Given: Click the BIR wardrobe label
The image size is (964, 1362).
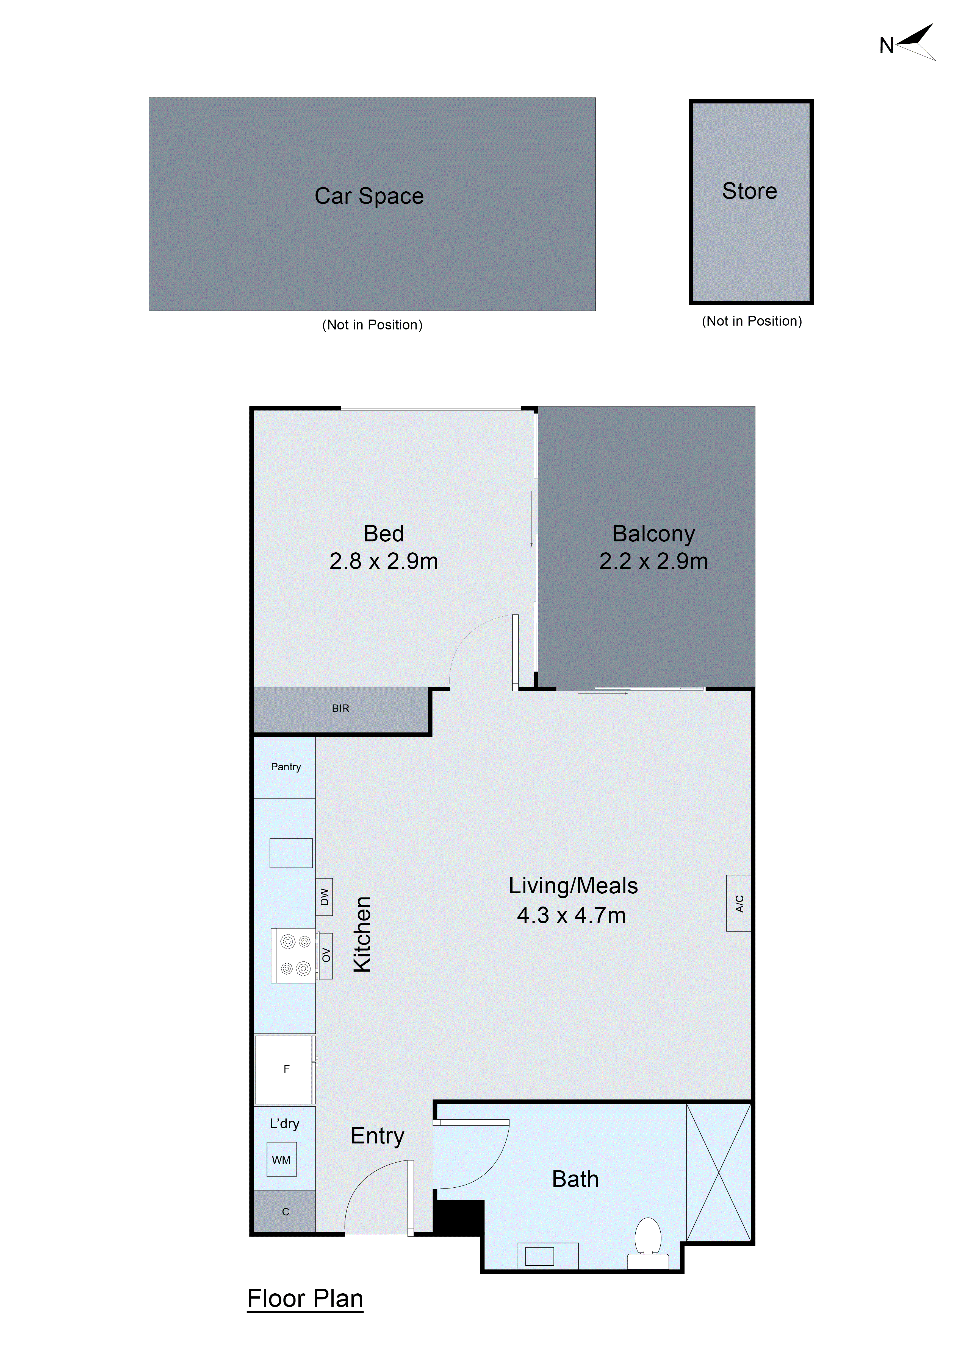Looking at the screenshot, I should tap(340, 708).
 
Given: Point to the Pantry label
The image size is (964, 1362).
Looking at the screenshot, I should tap(286, 767).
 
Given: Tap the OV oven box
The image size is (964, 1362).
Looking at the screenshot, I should tap(325, 956).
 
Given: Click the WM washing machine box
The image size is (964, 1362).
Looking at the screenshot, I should tap(281, 1160).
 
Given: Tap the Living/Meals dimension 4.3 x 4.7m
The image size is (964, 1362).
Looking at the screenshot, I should tap(571, 915).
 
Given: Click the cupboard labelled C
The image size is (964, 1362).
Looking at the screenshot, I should tap(285, 1212).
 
